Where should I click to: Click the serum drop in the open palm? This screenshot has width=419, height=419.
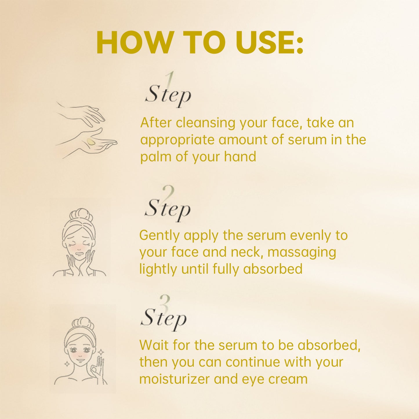[90, 142]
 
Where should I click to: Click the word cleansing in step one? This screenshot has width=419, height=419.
[206, 123]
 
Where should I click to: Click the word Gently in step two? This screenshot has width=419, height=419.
[159, 235]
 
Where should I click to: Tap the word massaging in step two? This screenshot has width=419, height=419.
[302, 252]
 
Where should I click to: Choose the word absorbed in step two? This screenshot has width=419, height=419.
[273, 269]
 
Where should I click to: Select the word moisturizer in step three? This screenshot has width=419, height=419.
[174, 379]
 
